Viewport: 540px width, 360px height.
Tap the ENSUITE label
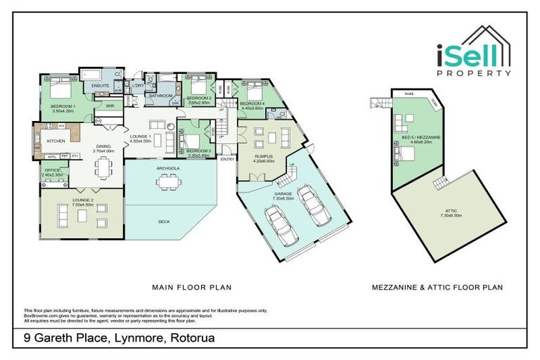click(92, 86)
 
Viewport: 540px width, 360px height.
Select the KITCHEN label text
click(56, 141)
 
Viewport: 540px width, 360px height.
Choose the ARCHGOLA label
click(167, 167)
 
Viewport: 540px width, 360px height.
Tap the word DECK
click(164, 221)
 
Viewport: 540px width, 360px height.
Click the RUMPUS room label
click(264, 157)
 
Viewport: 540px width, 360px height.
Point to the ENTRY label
click(227, 158)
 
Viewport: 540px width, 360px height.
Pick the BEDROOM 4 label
click(252, 105)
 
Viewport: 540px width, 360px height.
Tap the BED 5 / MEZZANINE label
click(420, 139)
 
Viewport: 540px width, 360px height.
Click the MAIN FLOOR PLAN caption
click(192, 287)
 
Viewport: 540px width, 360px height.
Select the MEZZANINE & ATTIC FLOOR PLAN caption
click(437, 287)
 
